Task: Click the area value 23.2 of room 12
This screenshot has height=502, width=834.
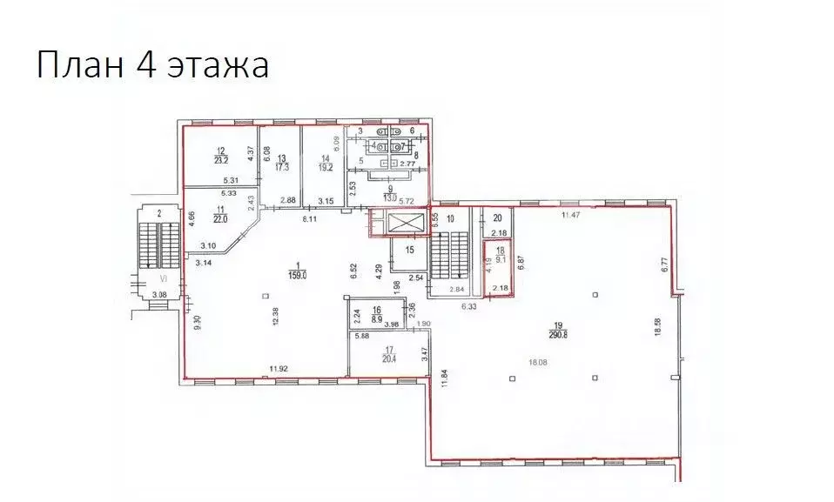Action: [x=221, y=159]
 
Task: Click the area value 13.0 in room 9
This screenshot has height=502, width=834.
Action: [x=391, y=196]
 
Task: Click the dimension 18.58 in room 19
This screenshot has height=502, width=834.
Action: [x=657, y=331]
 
